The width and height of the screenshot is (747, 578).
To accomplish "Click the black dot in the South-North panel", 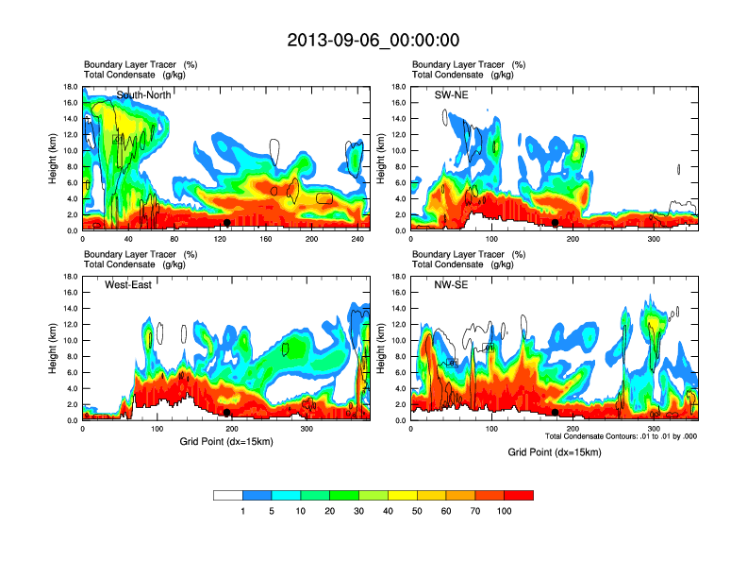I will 227,223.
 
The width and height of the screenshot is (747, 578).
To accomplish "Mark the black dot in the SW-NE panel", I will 556,223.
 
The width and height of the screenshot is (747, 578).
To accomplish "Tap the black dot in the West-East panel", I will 227,413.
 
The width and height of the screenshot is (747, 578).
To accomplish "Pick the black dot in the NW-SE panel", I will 556,413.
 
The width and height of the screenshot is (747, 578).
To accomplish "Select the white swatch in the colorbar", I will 228,495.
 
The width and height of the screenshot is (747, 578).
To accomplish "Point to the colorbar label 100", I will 505,512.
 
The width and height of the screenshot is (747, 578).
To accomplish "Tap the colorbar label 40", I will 388,512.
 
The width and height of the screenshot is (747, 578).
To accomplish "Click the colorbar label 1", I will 242,512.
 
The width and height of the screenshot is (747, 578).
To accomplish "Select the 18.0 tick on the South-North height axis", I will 69,87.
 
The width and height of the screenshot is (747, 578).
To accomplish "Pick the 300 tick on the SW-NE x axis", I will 651,240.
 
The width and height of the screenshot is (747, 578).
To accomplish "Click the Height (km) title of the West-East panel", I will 53,348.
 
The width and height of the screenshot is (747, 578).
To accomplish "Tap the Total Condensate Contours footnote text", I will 620,436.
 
